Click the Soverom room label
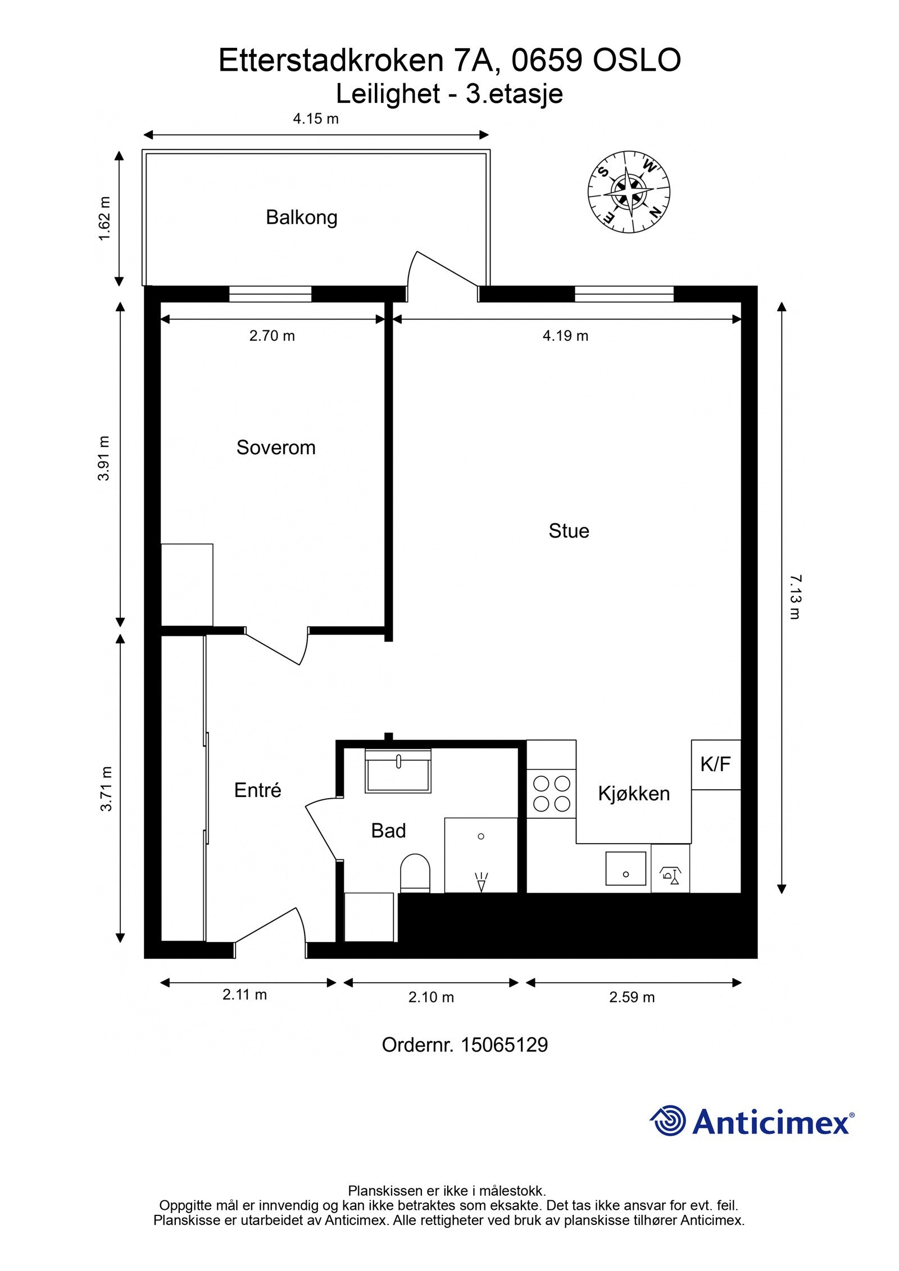coord(276,448)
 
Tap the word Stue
coord(569,531)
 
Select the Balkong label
coord(302,217)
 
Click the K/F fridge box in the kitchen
coord(716,764)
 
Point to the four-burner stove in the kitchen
coord(552,793)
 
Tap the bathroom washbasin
coord(398,771)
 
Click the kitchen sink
coord(625,868)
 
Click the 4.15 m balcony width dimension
coord(316,119)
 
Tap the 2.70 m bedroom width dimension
coord(272,336)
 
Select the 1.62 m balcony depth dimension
coord(105,218)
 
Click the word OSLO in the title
coord(637,60)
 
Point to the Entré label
coord(257,790)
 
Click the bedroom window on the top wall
coord(270,294)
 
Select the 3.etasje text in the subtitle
coord(514,94)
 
